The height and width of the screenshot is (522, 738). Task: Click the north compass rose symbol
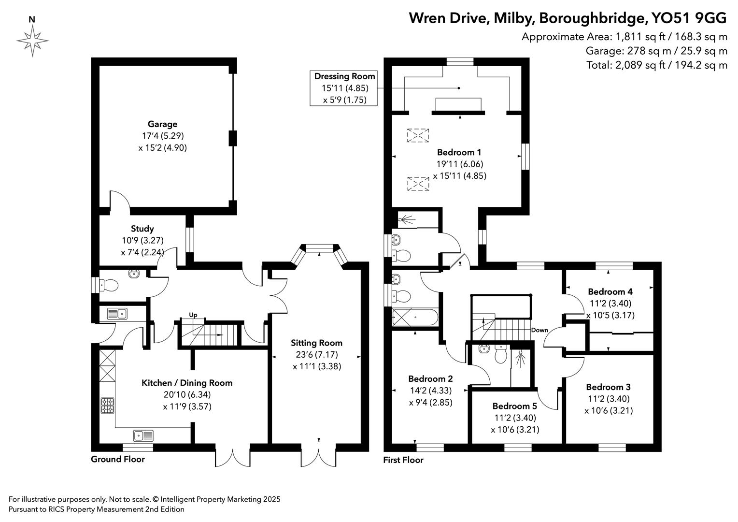(x=32, y=40)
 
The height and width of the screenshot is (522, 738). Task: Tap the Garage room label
(x=162, y=124)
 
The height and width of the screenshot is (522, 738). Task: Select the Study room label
(x=142, y=229)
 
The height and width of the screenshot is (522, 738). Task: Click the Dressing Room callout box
(x=344, y=88)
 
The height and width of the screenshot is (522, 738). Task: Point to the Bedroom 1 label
(x=459, y=152)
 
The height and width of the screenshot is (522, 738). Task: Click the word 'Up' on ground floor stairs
(x=193, y=315)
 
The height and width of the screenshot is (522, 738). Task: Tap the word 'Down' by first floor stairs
(x=539, y=331)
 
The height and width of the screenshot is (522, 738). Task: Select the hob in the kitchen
(x=107, y=405)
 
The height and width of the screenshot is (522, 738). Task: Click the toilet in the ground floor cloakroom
(x=108, y=285)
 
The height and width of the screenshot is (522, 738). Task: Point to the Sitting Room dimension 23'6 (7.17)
(x=316, y=355)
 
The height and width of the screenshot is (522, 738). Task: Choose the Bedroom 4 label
(x=610, y=291)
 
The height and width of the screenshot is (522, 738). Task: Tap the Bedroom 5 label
(x=515, y=406)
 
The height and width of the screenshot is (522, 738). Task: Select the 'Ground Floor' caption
(x=117, y=459)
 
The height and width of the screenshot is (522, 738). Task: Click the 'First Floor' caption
(x=403, y=460)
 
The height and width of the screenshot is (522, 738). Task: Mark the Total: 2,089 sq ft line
(x=656, y=65)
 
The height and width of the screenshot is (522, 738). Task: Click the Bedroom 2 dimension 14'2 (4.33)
(x=430, y=391)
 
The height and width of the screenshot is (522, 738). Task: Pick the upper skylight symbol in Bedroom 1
(x=418, y=135)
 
